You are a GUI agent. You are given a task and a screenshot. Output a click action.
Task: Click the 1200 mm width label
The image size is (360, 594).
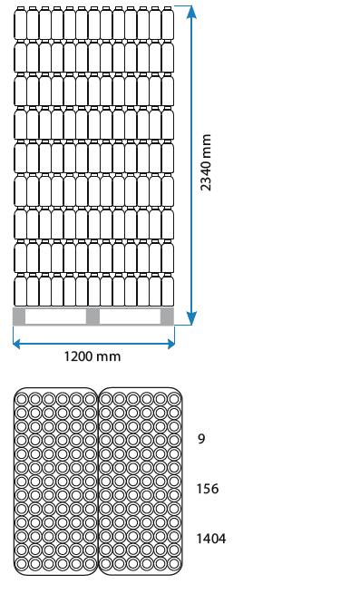click(x=92, y=356)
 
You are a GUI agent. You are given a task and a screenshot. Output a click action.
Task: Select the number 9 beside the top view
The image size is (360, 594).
click(x=201, y=439)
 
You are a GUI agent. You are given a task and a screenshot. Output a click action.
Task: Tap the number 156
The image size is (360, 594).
click(x=208, y=489)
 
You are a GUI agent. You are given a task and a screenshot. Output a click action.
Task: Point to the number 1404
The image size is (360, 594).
click(x=211, y=539)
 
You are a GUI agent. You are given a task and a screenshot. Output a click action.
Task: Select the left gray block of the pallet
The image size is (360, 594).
click(x=19, y=316)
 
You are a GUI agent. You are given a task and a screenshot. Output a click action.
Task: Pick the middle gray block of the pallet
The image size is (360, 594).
click(x=92, y=316)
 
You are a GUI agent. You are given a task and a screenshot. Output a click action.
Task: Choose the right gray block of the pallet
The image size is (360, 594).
click(x=167, y=316)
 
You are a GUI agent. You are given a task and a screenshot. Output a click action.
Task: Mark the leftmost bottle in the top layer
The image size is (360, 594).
click(x=20, y=24)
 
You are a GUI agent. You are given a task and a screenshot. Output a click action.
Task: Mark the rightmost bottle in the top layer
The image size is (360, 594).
click(x=167, y=24)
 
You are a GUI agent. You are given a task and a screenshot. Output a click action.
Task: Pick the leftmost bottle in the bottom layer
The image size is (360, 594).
click(x=20, y=290)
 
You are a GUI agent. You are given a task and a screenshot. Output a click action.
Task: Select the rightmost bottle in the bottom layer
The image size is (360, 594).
click(x=167, y=290)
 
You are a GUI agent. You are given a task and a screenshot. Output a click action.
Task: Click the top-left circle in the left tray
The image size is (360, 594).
click(x=23, y=398)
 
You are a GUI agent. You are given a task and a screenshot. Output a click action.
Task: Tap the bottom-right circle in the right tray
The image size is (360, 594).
click(x=174, y=563)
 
